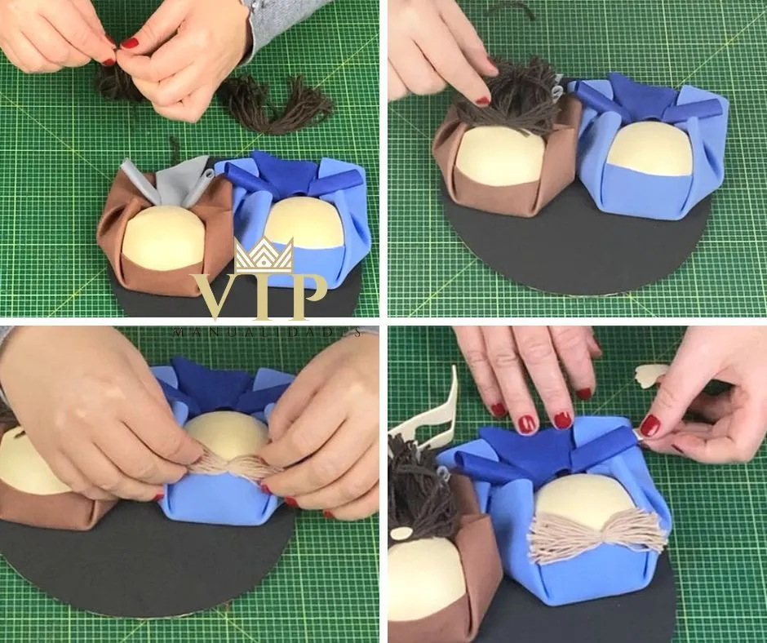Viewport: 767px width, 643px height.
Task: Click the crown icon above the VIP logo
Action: pyautogui.click(x=264, y=255)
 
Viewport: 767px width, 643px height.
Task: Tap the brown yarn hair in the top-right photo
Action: pyautogui.click(x=508, y=98)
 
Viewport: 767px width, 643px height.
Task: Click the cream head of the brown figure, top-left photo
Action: pyautogui.click(x=163, y=237)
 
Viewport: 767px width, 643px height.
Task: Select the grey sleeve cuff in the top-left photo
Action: pyautogui.click(x=286, y=22)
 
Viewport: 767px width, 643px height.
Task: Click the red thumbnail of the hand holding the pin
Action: pyautogui.click(x=650, y=426)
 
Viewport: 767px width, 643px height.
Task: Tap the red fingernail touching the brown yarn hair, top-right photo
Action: pyautogui.click(x=483, y=101)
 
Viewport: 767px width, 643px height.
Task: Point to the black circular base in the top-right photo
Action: pyautogui.click(x=577, y=245)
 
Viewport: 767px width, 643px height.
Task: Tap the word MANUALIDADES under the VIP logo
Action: pyautogui.click(x=268, y=332)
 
